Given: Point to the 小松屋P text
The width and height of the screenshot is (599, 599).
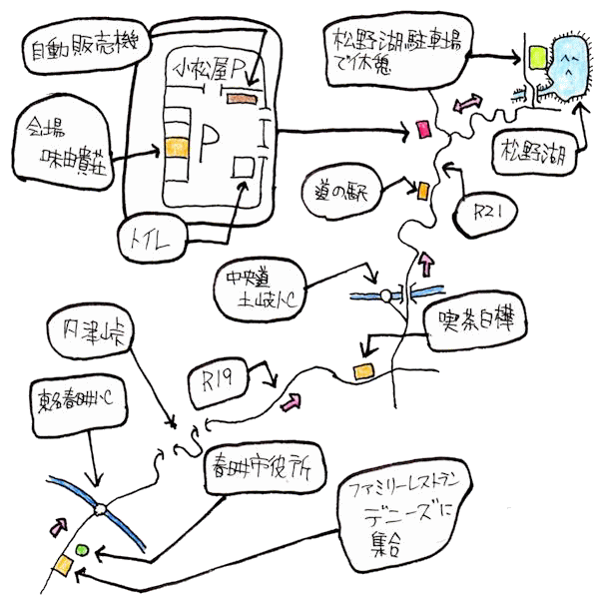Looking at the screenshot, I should (212, 71).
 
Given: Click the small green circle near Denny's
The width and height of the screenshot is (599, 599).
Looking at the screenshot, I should (82, 549).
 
